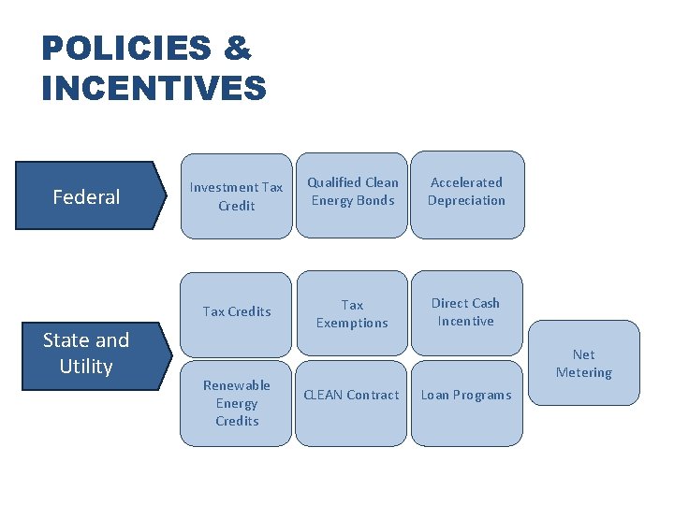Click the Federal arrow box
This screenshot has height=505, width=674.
click(87, 196)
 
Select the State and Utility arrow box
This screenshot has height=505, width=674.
click(87, 353)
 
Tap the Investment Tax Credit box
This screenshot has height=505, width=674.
click(236, 196)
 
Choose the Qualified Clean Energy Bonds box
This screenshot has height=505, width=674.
click(353, 192)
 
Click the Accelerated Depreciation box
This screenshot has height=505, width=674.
click(466, 192)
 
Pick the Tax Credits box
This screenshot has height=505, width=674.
click(236, 311)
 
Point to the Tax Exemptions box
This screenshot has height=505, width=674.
click(352, 314)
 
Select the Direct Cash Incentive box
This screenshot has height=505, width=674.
click(466, 312)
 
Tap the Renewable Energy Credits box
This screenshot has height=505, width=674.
click(236, 403)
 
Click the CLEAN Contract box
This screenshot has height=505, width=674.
click(352, 395)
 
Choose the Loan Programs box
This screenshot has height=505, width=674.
click(466, 395)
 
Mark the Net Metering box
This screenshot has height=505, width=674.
click(584, 364)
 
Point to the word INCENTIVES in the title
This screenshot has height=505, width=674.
click(154, 89)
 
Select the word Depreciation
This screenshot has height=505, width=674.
click(466, 200)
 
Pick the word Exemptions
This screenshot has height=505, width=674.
click(352, 323)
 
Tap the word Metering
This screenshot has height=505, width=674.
click(584, 372)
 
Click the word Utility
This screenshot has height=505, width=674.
click(86, 367)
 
